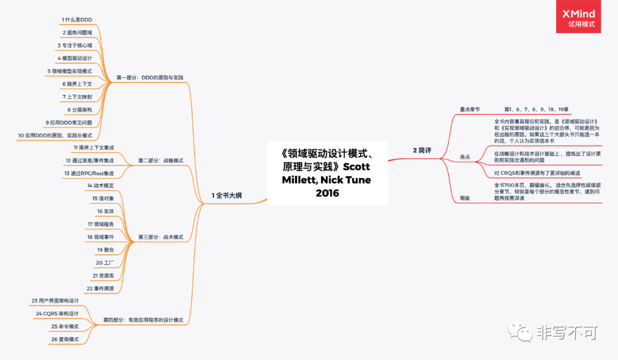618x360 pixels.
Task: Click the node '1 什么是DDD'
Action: coord(77,19)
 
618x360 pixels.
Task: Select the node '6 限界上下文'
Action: coord(77,84)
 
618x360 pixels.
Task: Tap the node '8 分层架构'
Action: coord(80,109)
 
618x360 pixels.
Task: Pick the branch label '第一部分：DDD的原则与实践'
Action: coord(150,77)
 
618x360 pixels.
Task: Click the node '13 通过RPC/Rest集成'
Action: coord(89,173)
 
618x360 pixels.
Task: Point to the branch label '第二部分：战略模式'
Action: coord(161,161)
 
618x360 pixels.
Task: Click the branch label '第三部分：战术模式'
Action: coord(161,237)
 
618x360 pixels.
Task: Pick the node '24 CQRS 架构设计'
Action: coord(57,314)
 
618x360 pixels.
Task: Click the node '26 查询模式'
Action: coord(65,339)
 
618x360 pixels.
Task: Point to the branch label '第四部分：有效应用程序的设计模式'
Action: coord(143,320)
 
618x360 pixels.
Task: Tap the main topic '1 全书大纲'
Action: coord(227,196)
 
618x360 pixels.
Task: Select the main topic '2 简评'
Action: coord(422,150)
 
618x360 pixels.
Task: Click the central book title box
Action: coord(327,173)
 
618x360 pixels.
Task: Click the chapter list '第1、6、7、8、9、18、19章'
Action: coord(536,109)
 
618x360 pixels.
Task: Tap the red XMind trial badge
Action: coord(579,17)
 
